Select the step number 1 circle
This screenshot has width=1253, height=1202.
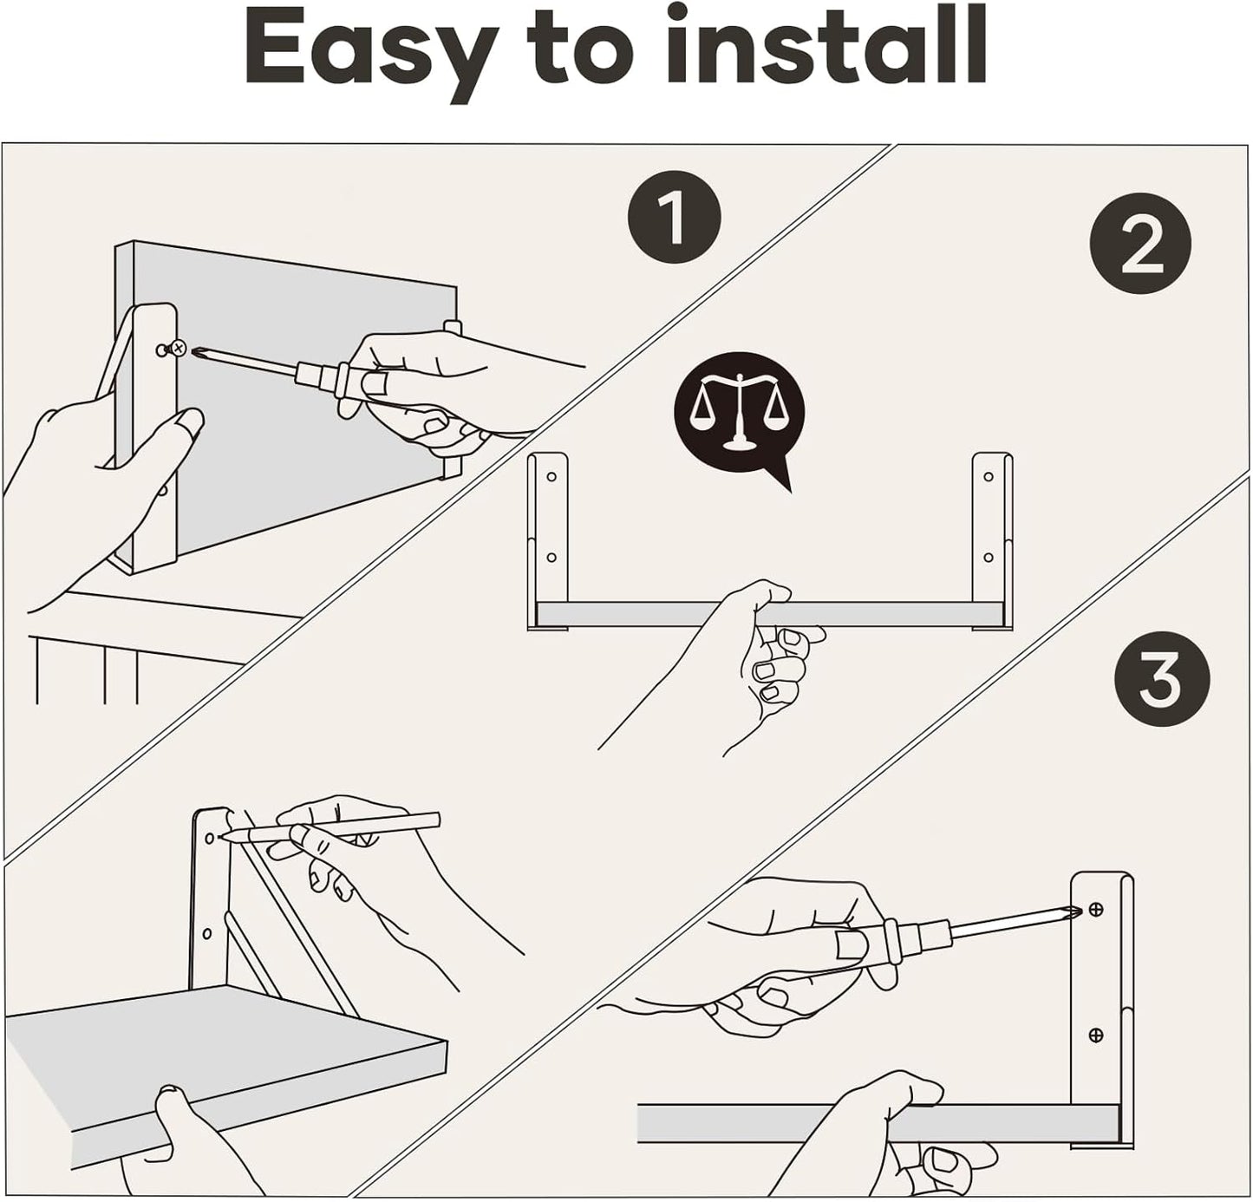[674, 216]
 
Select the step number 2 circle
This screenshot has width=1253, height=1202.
[1140, 243]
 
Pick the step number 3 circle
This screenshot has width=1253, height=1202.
[1160, 679]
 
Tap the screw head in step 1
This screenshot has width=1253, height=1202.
[178, 348]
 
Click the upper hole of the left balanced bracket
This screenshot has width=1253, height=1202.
[551, 476]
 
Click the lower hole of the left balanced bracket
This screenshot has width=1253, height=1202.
[551, 557]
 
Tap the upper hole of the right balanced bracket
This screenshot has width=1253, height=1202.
[988, 476]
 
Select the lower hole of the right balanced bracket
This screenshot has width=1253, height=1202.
[988, 557]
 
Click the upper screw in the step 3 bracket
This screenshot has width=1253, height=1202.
[1096, 909]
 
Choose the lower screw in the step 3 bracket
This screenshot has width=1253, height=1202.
[1096, 1035]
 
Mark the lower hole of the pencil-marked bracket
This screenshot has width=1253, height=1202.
[207, 933]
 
